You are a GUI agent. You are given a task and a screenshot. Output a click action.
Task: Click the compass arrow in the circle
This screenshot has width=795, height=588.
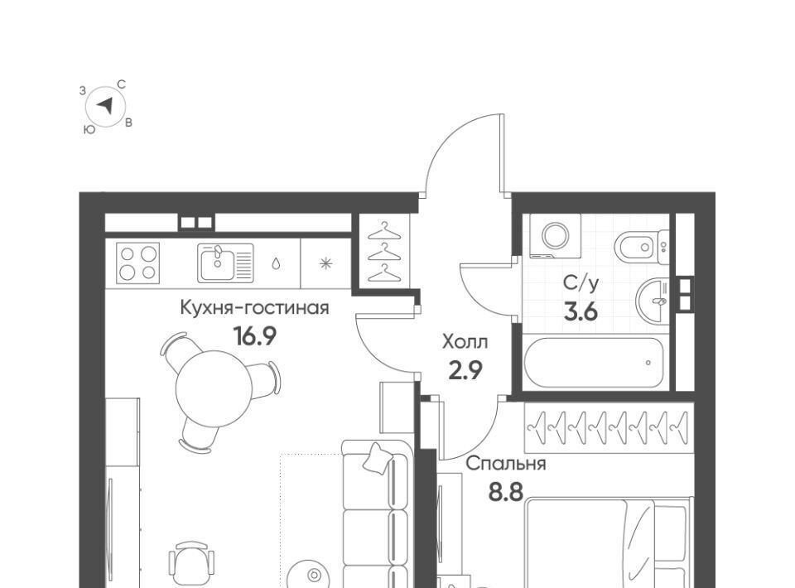coord(105,106)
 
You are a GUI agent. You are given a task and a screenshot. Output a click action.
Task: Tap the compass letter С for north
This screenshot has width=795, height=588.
coord(122,84)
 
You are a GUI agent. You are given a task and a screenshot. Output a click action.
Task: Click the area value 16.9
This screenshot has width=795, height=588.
coord(254,335)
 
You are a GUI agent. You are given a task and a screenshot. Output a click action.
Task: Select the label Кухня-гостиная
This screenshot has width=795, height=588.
coord(254,308)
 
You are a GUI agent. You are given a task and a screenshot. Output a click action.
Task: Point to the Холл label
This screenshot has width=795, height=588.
coord(465,342)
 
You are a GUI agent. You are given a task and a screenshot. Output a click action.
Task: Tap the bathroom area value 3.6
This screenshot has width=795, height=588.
coord(581,311)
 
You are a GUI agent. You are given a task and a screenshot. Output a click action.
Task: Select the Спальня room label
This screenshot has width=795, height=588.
coord(505,464)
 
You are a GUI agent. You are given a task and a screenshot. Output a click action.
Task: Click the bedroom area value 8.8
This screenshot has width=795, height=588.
coord(505,491)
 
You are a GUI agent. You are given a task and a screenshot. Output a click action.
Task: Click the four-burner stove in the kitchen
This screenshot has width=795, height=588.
coord(138,263)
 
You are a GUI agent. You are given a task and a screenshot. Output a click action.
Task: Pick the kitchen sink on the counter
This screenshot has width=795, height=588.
coord(225,263)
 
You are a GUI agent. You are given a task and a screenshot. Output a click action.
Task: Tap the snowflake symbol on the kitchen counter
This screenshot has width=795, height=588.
coord(325,263)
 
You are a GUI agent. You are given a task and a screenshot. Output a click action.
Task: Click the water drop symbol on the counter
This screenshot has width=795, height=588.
coord(276,263)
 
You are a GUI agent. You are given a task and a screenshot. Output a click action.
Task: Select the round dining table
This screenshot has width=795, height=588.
coord(214,388)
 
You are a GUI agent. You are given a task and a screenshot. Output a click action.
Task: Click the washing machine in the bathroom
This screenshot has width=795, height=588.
coord(556,235)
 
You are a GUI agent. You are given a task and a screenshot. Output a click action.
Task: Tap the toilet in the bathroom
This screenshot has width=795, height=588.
coord(641,248)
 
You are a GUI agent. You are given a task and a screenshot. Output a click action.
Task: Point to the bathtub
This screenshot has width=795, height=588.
coord(594,363)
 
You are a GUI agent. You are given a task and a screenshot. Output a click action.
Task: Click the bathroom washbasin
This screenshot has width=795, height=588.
coord(653,300)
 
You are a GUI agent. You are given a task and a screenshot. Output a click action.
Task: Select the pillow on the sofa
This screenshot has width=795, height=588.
coord(378,460)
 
